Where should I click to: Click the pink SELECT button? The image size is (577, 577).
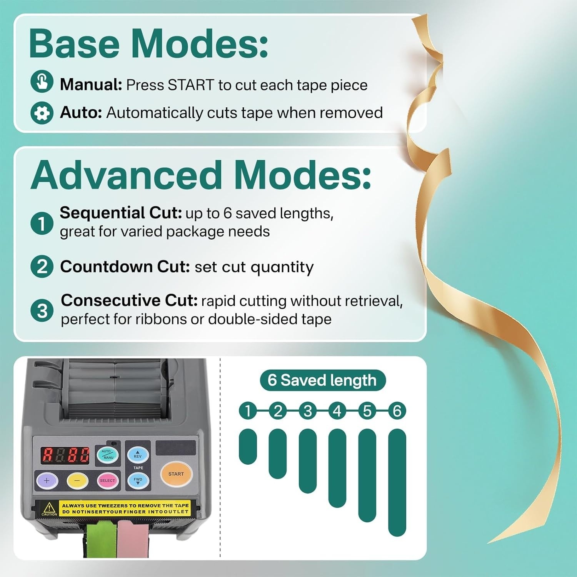point(107,480)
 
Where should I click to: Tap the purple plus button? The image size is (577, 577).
point(47,480)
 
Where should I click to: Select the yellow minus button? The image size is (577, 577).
point(77,480)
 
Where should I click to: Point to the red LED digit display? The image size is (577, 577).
point(65,455)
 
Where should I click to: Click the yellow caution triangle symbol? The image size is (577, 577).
point(49,507)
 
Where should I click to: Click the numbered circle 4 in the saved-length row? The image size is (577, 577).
point(337,411)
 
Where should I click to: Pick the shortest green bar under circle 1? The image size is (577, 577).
point(248,447)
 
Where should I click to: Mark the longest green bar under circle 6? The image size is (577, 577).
point(397,482)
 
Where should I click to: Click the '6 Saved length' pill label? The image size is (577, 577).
point(323,380)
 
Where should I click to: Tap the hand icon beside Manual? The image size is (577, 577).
point(42,81)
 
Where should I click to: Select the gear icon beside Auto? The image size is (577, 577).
point(42,113)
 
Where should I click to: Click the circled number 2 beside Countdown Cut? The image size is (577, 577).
point(42,267)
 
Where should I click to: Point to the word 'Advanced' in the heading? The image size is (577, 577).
point(126,175)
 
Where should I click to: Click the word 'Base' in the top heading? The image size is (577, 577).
point(74,43)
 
